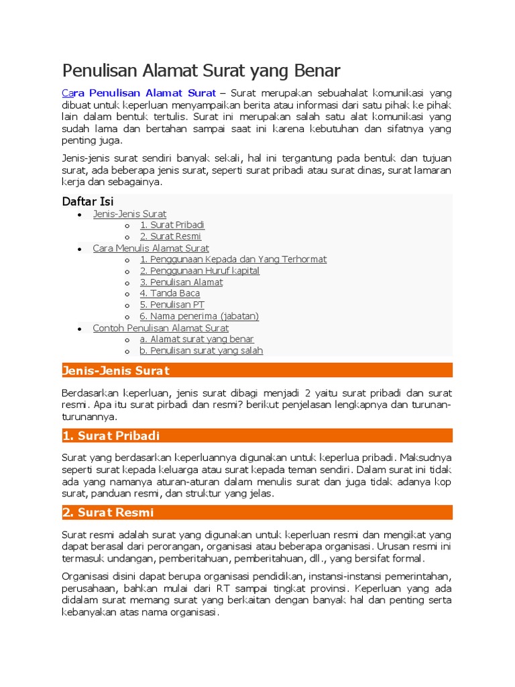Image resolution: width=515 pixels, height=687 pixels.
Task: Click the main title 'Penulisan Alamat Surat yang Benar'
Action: (x=201, y=70)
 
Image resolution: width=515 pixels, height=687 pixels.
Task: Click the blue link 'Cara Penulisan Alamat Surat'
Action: (x=139, y=93)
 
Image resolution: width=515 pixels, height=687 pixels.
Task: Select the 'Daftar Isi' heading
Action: (x=88, y=201)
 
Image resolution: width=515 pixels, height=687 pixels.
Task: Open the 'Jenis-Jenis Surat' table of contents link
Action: (x=129, y=214)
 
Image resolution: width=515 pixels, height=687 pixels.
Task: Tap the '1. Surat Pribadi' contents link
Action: (x=172, y=225)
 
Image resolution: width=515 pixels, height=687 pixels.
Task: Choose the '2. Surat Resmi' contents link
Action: (x=170, y=236)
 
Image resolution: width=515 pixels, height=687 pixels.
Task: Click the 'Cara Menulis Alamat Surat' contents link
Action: (x=151, y=248)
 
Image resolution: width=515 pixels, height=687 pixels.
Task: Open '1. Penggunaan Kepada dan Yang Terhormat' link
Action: (x=233, y=259)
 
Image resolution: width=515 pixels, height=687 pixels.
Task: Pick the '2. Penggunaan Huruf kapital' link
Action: (x=199, y=270)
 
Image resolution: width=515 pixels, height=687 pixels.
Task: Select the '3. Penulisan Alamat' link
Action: (x=181, y=282)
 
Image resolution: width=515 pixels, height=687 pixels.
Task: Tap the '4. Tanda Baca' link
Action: (x=170, y=293)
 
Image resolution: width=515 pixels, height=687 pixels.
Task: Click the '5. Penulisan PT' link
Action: (x=172, y=305)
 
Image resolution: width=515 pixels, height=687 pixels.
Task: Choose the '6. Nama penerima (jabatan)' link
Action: (x=199, y=316)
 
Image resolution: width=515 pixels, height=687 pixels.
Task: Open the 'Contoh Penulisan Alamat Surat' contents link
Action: (x=160, y=328)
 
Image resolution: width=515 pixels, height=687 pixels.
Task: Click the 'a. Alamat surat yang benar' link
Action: (x=196, y=339)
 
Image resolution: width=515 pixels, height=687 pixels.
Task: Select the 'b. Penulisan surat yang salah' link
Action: (x=201, y=350)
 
